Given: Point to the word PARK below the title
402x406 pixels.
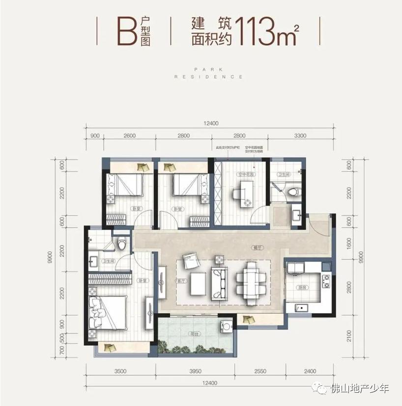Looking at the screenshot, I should coord(208,70).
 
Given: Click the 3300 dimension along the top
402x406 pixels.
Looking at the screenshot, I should coord(300,136).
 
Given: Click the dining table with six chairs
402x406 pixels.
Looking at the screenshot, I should coord(251,279).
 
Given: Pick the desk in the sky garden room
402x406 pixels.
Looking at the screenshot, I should coord(243,190).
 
